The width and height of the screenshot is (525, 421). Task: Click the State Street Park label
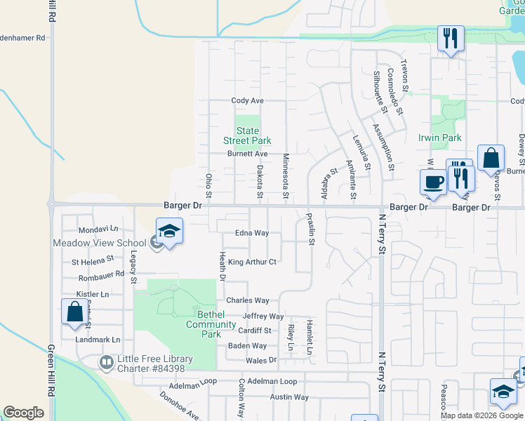pyautogui.click(x=247, y=135)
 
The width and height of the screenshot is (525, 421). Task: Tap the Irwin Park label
pyautogui.click(x=439, y=138)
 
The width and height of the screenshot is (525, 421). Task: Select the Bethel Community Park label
pyautogui.click(x=211, y=324)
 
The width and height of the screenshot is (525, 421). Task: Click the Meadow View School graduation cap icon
pyautogui.click(x=169, y=231)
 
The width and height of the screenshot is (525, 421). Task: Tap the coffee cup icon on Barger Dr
pyautogui.click(x=433, y=182)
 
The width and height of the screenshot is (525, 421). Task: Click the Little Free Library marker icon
pyautogui.click(x=107, y=363)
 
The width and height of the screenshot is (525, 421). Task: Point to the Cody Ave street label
pyautogui.click(x=247, y=101)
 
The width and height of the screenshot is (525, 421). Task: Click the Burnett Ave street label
pyautogui.click(x=246, y=154)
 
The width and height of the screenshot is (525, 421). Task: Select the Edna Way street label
pyautogui.click(x=252, y=233)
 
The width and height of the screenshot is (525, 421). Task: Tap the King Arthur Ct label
pyautogui.click(x=253, y=262)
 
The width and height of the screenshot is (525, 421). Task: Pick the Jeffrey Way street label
pyautogui.click(x=263, y=316)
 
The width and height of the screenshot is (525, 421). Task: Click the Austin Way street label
pyautogui.click(x=290, y=397)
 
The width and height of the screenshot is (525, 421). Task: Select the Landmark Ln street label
pyautogui.click(x=98, y=340)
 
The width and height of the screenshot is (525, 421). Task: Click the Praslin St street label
pyautogui.click(x=310, y=229)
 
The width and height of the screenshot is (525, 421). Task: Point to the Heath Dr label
pyautogui.click(x=222, y=267)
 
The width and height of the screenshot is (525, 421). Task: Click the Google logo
pyautogui.click(x=23, y=413)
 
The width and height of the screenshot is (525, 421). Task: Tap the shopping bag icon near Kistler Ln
pyautogui.click(x=74, y=312)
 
